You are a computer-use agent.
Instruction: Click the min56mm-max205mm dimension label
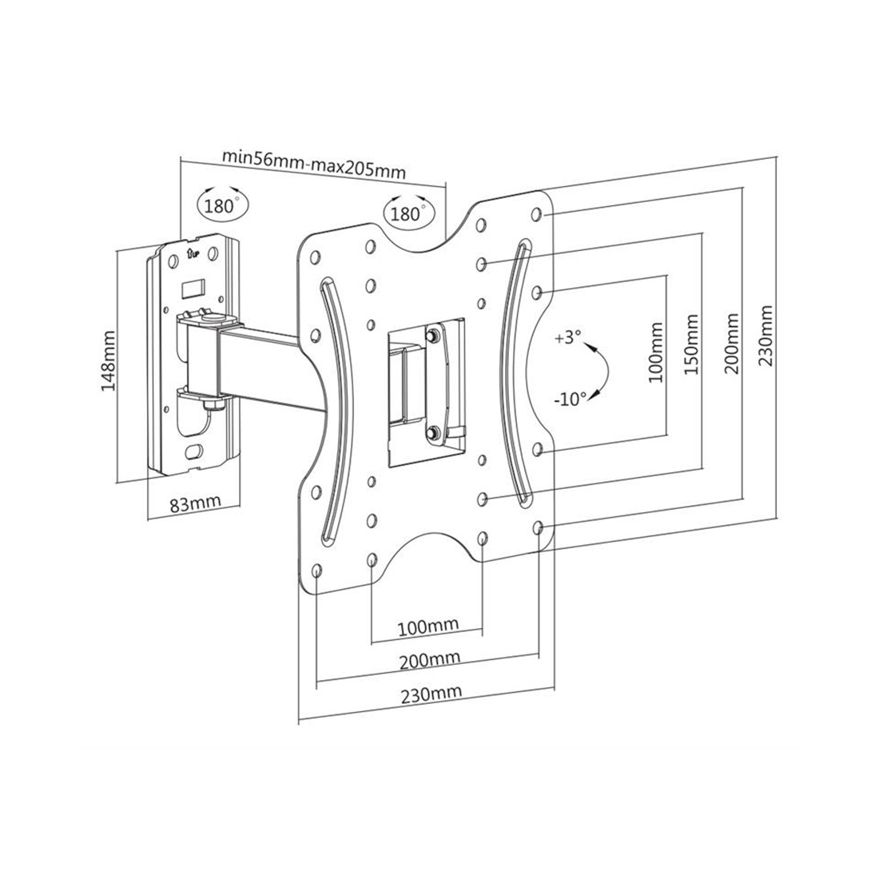(x=314, y=163)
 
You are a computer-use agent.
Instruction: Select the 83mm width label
(x=196, y=503)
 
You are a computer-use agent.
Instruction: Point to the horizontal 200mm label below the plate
(x=430, y=660)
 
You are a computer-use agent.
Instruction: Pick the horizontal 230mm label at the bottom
(x=432, y=694)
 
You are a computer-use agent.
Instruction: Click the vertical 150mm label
(x=692, y=345)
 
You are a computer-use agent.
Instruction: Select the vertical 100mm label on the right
(x=655, y=352)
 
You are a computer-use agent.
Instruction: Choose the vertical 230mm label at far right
(x=766, y=336)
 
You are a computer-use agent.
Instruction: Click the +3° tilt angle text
(x=568, y=338)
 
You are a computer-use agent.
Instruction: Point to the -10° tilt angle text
(x=570, y=399)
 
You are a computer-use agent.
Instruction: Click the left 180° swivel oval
(x=223, y=203)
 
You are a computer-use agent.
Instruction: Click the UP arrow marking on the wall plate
(x=193, y=254)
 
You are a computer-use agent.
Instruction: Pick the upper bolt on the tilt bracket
(x=432, y=336)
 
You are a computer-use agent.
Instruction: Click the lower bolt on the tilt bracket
(x=432, y=432)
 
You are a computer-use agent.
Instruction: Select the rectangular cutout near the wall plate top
(x=191, y=288)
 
